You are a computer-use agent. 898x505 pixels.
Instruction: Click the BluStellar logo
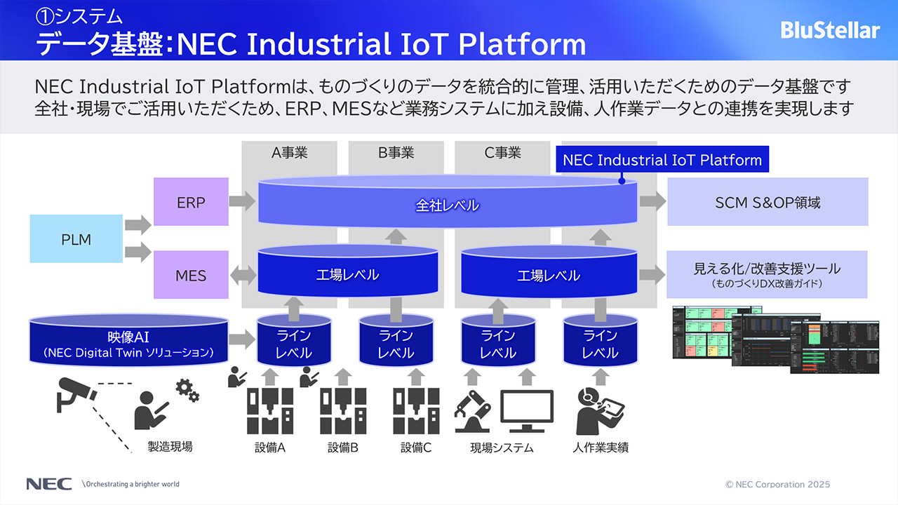click(x=830, y=30)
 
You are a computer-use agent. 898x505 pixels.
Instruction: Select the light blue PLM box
click(x=76, y=239)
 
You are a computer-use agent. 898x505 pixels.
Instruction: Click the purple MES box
click(x=191, y=275)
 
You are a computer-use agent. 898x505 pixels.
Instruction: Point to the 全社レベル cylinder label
click(x=448, y=206)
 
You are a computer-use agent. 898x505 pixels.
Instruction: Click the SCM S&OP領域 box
click(x=768, y=202)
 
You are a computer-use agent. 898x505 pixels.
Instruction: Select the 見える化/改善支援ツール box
click(x=767, y=274)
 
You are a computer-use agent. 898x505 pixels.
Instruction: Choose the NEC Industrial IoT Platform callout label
click(x=662, y=160)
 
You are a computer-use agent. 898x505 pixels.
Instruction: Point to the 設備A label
click(x=270, y=447)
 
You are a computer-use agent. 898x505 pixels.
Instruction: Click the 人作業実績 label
click(x=600, y=447)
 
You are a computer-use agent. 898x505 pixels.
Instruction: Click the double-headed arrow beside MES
click(x=243, y=275)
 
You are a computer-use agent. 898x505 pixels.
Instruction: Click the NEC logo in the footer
click(x=48, y=484)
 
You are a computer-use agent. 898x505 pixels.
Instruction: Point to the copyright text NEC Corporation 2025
click(x=778, y=484)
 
